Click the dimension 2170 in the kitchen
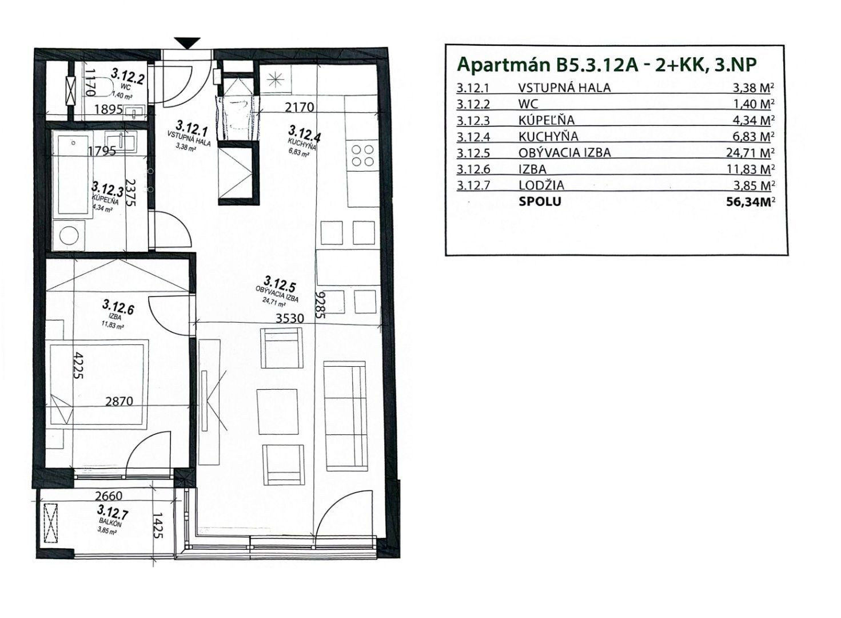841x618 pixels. pos(299,108)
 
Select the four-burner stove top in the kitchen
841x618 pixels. pos(362,156)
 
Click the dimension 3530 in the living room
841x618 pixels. pos(289,319)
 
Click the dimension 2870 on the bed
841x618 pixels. pos(119,402)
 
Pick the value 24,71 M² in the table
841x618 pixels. pos(748,153)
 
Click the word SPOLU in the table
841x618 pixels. pos(540,201)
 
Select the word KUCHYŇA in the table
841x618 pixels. pos(548,136)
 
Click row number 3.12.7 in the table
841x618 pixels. pos(473,185)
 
